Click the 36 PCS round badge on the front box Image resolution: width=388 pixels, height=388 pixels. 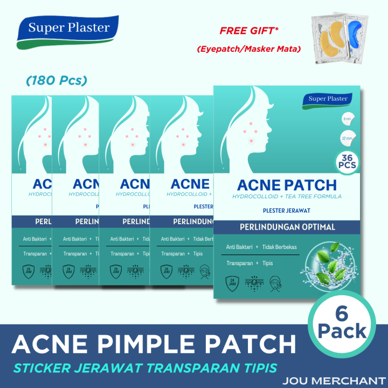click(x=347, y=161)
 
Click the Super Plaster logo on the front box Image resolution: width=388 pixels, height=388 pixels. click(x=328, y=99)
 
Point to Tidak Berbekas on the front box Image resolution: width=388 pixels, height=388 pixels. click(x=278, y=247)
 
